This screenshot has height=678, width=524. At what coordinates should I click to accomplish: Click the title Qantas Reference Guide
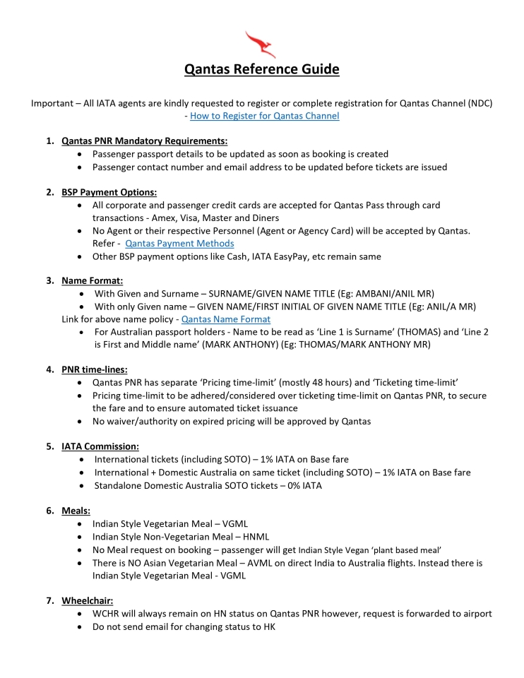click(261, 69)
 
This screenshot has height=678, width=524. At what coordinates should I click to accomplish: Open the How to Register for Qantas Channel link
click(265, 116)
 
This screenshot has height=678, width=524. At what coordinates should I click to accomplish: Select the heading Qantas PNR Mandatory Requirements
click(144, 141)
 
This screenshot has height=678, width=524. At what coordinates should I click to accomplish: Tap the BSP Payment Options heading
click(109, 192)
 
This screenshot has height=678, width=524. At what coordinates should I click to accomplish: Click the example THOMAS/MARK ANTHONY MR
click(366, 345)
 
